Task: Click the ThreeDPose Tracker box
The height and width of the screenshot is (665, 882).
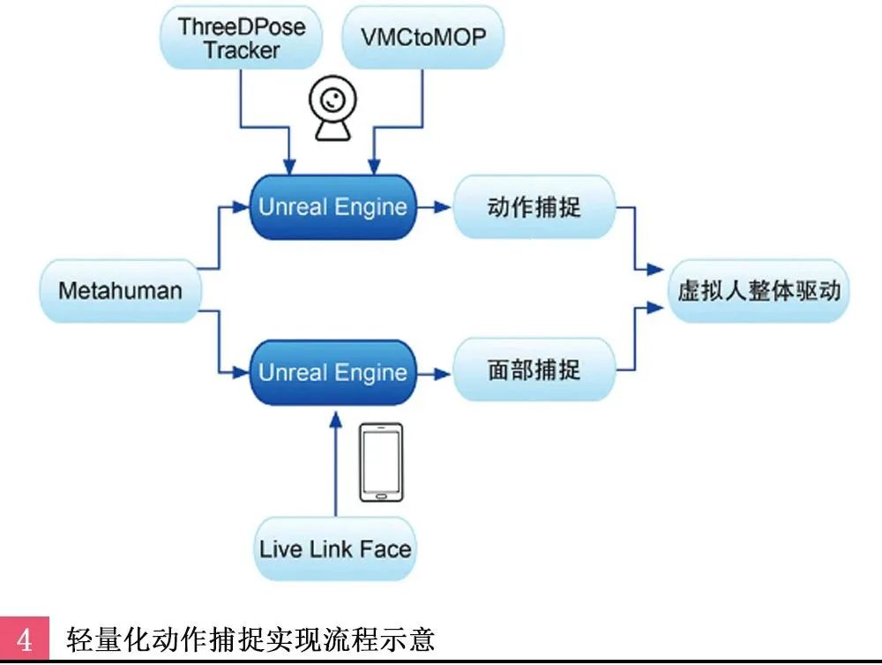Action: [x=241, y=39]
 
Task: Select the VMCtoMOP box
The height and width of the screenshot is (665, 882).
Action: [x=423, y=39]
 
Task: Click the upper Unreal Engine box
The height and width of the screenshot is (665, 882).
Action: [x=333, y=207]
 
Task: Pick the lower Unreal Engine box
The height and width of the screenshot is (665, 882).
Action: [x=333, y=371]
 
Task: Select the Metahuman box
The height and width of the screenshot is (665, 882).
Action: [x=120, y=290]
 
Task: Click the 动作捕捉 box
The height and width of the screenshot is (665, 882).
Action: [x=534, y=207]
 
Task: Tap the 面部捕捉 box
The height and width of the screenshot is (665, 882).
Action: [x=534, y=370]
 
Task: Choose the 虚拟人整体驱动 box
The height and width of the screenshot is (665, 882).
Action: [x=759, y=291]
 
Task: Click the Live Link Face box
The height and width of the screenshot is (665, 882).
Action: [x=335, y=549]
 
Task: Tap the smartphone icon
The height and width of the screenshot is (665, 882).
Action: [x=381, y=462]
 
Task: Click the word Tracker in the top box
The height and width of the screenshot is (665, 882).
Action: [x=241, y=50]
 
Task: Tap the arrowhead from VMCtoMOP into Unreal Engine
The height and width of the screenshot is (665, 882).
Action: [x=374, y=168]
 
